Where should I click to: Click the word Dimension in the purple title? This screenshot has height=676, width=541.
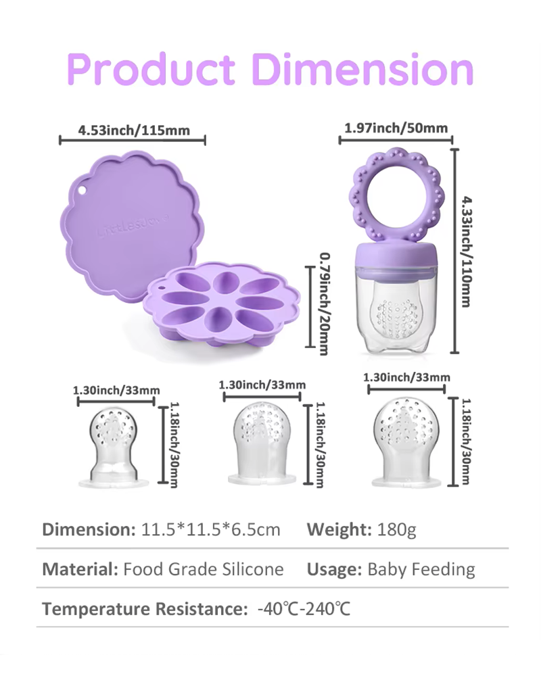click(x=363, y=70)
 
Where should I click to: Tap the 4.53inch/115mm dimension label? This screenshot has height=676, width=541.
click(x=134, y=130)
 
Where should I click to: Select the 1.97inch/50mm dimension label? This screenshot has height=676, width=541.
click(x=396, y=128)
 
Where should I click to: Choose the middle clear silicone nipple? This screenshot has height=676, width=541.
click(x=262, y=443)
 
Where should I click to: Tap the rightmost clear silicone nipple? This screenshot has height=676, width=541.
click(x=407, y=442)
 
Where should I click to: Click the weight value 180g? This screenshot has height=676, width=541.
click(x=396, y=529)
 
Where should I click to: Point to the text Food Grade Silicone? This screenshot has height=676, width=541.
click(x=204, y=569)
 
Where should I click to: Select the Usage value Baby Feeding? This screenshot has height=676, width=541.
click(x=421, y=569)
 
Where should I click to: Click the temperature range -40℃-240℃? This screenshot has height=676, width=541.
click(x=304, y=609)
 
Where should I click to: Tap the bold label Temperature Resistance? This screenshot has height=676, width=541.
click(x=145, y=609)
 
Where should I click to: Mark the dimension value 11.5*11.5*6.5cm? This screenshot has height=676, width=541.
click(x=211, y=529)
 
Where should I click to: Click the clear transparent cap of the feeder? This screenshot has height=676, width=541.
click(x=395, y=311)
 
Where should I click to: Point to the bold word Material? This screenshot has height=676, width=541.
click(x=80, y=569)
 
